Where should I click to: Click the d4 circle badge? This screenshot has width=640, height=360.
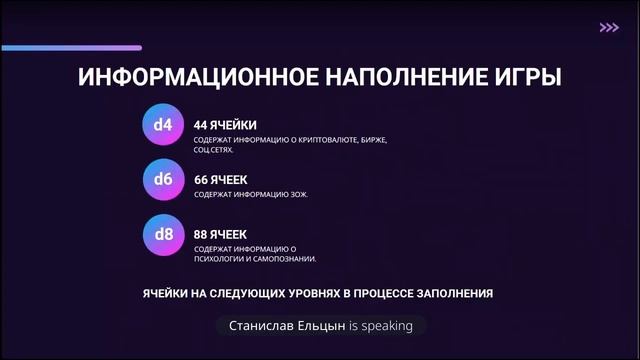point(163,125)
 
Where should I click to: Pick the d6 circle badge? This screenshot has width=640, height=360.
point(163,180)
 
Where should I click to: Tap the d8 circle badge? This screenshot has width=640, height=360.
point(163,235)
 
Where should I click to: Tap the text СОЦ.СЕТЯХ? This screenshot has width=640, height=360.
point(215,150)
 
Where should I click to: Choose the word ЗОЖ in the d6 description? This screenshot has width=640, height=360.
point(296,194)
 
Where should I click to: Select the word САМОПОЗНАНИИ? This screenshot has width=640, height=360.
point(288,259)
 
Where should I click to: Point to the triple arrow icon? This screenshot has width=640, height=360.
point(608,28)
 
